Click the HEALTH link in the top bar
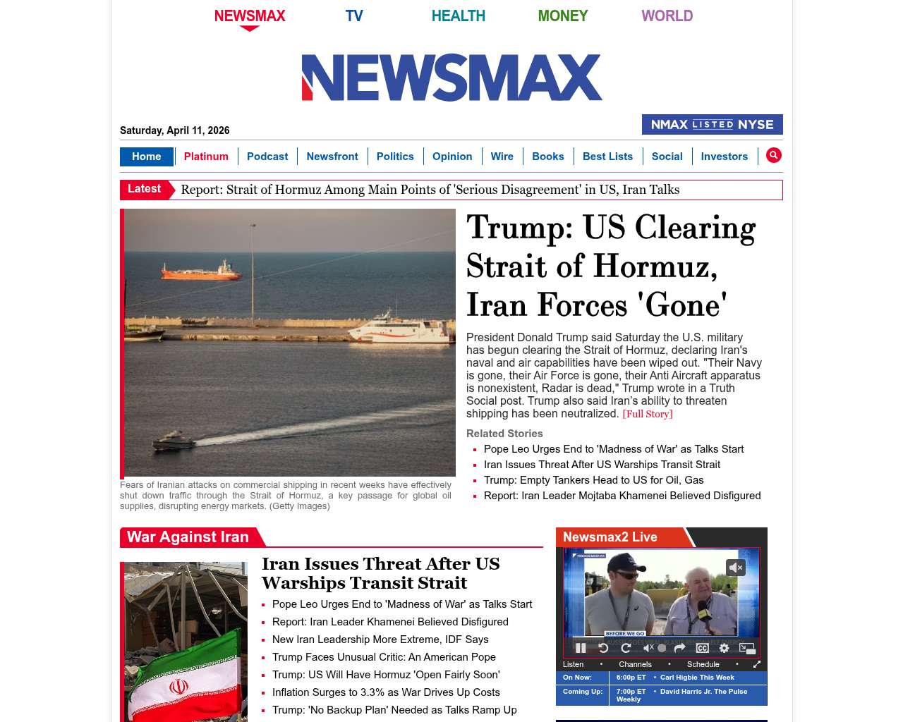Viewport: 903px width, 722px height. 458,16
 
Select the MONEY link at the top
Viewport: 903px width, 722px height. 562,16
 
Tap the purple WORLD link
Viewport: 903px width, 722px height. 667,16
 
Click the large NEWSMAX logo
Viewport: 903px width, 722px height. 451,78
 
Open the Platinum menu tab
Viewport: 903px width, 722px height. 206,157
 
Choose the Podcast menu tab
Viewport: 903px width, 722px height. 267,157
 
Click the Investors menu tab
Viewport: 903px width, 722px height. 724,157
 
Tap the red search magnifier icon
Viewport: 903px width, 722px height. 774,156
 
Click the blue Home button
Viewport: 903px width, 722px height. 146,157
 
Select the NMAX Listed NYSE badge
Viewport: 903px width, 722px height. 712,125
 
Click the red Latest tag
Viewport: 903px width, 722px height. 145,189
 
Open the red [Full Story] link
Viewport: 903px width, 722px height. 647,414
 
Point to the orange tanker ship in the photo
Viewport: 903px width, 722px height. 201,271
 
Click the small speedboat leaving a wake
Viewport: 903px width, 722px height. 174,441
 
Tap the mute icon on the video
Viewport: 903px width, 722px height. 736,568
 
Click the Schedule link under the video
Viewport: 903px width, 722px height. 703,664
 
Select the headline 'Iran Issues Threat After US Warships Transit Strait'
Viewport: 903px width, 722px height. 380,573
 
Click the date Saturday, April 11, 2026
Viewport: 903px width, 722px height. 174,130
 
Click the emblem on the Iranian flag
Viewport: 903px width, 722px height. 178,686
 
